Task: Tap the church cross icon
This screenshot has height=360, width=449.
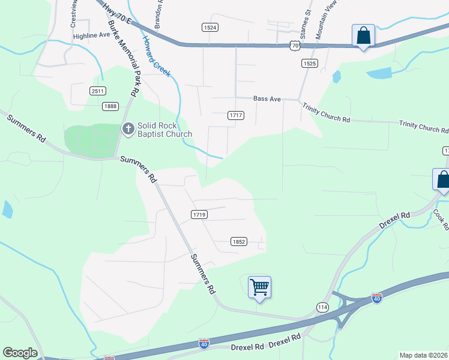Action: [127, 128]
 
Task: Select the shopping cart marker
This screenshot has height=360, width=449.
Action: [259, 287]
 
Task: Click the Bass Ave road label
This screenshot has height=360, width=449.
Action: [267, 98]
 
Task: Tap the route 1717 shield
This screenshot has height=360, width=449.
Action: [235, 115]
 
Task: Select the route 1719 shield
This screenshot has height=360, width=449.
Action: [200, 214]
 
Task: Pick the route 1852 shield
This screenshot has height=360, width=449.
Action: [238, 241]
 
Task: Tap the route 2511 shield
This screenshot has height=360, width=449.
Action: [98, 91]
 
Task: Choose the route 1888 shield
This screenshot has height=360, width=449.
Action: [110, 106]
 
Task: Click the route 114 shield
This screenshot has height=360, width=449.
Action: [323, 307]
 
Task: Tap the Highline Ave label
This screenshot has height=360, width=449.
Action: [92, 35]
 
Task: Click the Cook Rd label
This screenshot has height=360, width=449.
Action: [441, 220]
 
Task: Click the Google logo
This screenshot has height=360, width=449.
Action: [20, 353]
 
